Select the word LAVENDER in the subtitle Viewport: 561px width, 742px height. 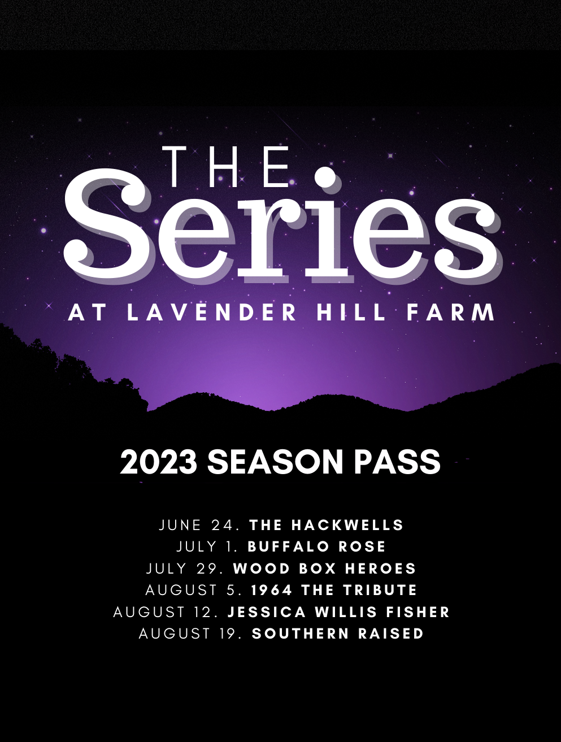click(x=212, y=313)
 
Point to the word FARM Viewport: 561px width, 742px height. click(x=451, y=313)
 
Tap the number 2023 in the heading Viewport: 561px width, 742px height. click(x=158, y=462)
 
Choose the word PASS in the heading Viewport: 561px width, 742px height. click(x=397, y=462)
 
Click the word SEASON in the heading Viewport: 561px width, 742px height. click(x=275, y=462)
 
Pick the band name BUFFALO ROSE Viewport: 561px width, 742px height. click(x=317, y=546)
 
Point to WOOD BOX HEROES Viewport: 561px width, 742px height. click(x=325, y=569)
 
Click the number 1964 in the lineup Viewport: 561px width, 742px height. click(x=272, y=590)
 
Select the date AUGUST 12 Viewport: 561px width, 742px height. click(x=166, y=612)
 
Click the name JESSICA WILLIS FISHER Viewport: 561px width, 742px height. click(x=338, y=612)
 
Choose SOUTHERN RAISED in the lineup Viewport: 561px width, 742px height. click(x=338, y=633)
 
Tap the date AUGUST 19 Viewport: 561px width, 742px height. click(x=191, y=633)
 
